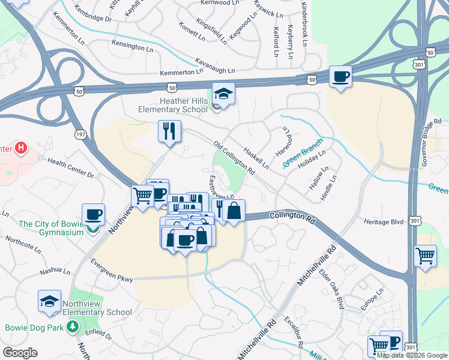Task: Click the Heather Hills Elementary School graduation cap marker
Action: coord(223,94)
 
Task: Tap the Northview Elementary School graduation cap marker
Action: coord(49,301)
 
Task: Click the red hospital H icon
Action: coord(21,148)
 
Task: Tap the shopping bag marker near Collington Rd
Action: coord(234,211)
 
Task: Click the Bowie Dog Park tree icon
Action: coord(73,327)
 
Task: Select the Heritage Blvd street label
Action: coord(385,221)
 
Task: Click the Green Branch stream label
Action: coord(303,154)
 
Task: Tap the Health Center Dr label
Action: coord(71,168)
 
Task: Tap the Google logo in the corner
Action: coord(20,353)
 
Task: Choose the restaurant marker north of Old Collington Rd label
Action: coord(169,131)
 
